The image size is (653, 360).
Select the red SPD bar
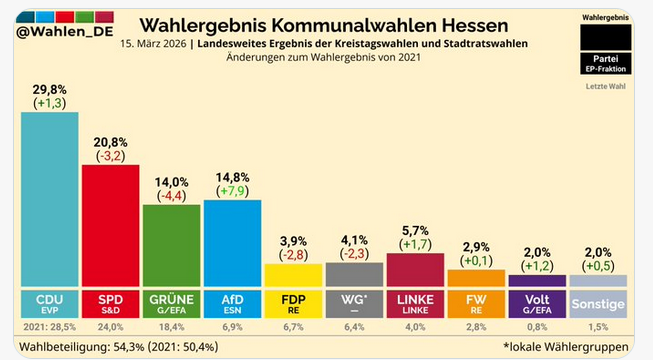(110, 225)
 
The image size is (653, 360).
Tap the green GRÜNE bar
(171, 245)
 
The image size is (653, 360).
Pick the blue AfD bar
(232, 242)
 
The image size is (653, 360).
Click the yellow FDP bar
(293, 275)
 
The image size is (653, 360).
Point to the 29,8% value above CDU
(50, 87)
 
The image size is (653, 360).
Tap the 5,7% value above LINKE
(415, 229)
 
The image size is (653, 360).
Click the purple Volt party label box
(537, 305)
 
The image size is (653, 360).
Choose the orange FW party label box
(476, 305)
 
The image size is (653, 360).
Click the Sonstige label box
(598, 305)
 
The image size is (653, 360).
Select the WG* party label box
(354, 305)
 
